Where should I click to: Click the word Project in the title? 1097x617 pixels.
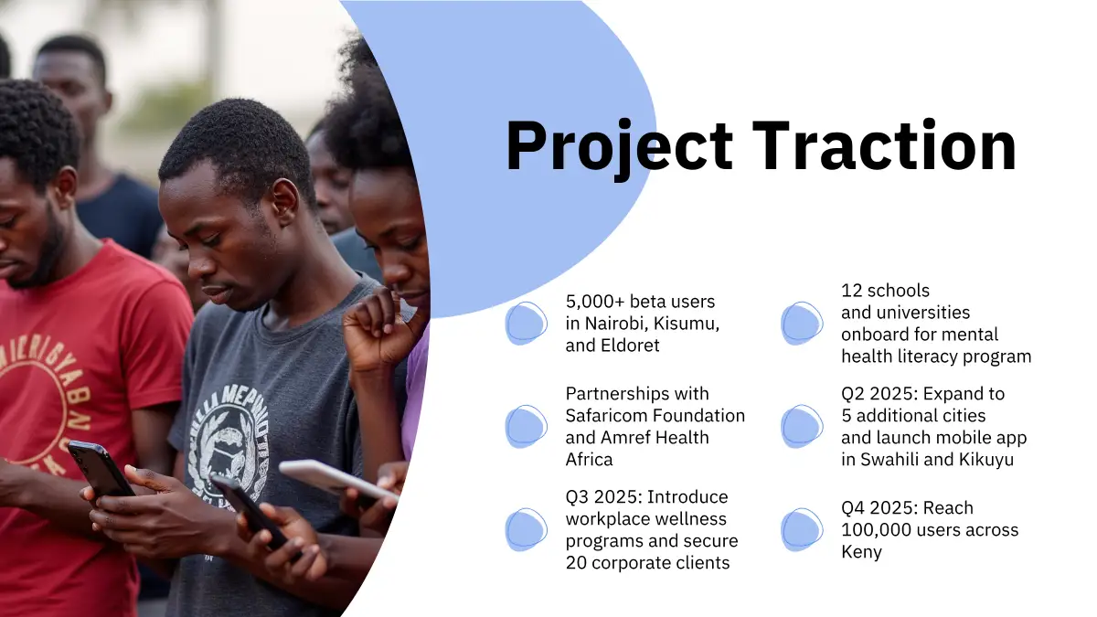(619, 148)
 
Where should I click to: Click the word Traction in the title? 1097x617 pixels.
(885, 145)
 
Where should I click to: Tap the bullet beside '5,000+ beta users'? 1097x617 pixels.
(527, 324)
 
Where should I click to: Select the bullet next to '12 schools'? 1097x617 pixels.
(802, 324)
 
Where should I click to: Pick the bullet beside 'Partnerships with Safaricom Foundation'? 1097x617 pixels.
(527, 427)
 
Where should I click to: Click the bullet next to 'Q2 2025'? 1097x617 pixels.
(802, 427)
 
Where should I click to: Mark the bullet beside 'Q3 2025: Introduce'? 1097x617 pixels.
(527, 530)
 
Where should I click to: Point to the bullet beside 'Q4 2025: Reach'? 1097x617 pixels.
(802, 530)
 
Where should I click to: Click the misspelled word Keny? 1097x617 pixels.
(861, 552)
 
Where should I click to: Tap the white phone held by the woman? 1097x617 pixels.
(339, 481)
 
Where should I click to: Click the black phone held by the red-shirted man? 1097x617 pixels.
(101, 470)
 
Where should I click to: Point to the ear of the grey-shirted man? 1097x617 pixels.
(285, 202)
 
